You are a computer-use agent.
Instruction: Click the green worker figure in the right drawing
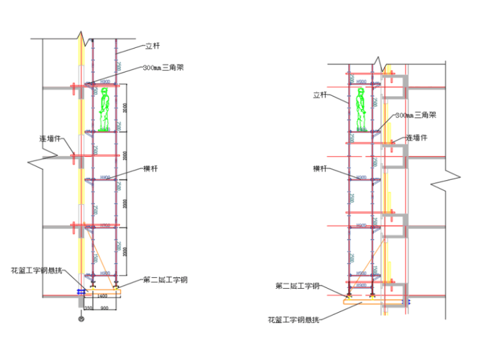pyautogui.click(x=362, y=109)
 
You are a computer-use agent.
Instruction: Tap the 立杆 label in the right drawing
pyautogui.click(x=320, y=95)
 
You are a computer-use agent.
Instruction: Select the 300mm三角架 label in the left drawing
pyautogui.click(x=164, y=68)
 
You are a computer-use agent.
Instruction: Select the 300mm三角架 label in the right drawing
pyautogui.click(x=416, y=116)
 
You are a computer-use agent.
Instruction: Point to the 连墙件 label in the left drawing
pyautogui.click(x=50, y=138)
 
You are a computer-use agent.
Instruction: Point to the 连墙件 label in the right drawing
pyautogui.click(x=416, y=138)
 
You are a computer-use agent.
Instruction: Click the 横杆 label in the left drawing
pyautogui.click(x=151, y=169)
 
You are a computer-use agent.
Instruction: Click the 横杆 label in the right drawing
pyautogui.click(x=320, y=169)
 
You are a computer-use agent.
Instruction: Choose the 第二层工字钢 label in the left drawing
pyautogui.click(x=165, y=280)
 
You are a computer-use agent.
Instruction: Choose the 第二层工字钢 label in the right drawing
pyautogui.click(x=297, y=286)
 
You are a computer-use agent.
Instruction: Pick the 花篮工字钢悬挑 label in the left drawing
pyautogui.click(x=37, y=270)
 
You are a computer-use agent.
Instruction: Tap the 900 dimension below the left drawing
pyautogui.click(x=104, y=308)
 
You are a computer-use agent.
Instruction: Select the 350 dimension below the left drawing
pyautogui.click(x=88, y=308)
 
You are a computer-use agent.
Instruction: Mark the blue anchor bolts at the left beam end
pyautogui.click(x=81, y=291)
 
